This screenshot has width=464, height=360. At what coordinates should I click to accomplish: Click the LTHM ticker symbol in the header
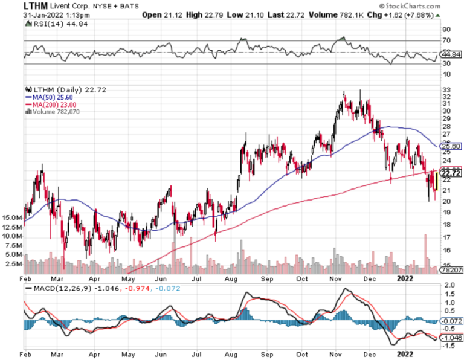[36, 5]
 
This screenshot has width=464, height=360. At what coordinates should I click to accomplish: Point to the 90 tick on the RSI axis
[447, 29]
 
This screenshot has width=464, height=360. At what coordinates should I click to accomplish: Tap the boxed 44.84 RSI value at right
[452, 54]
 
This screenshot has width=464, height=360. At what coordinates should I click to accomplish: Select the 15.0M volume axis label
[13, 217]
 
